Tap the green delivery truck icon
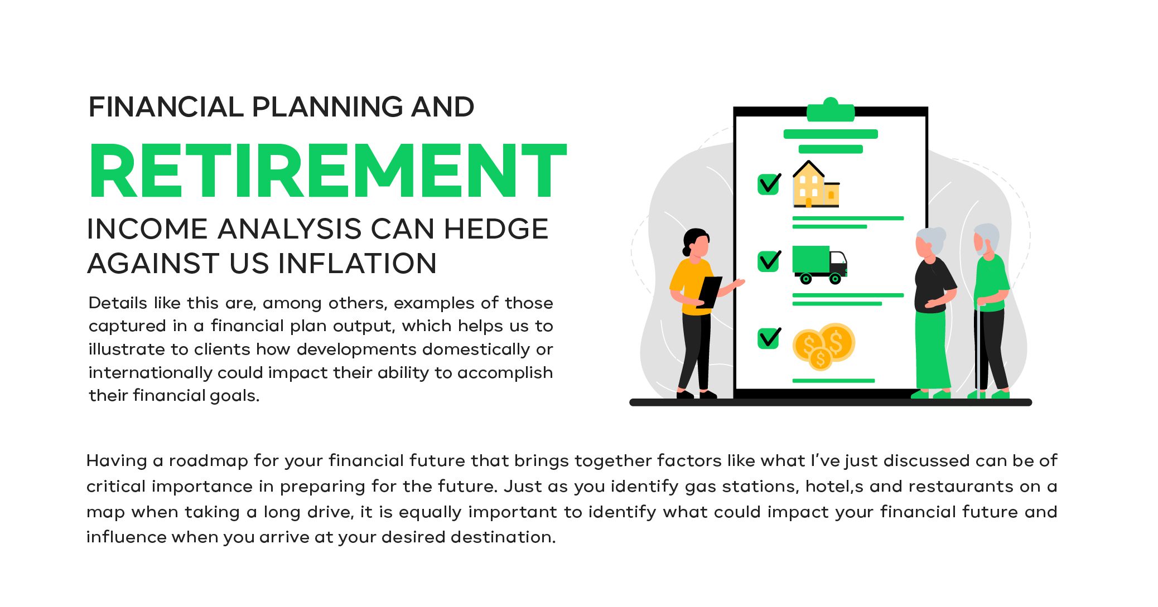point(819,265)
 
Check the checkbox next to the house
point(769,184)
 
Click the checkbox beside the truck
point(769,261)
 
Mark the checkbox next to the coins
point(769,338)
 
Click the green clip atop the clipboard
point(831,110)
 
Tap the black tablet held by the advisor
point(709,292)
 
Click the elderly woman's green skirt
point(932,350)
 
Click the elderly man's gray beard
point(982,248)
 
